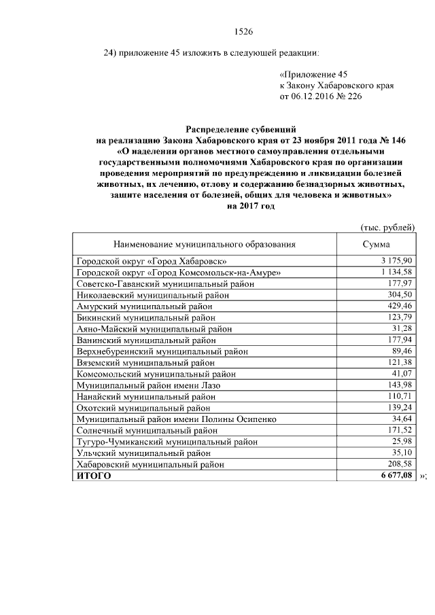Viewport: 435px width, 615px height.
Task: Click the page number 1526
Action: (x=243, y=31)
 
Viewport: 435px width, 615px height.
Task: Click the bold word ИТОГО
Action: (x=94, y=476)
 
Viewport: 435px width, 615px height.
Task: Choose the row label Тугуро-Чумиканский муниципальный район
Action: (x=167, y=442)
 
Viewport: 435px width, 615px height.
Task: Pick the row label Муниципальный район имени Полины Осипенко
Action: (x=173, y=419)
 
